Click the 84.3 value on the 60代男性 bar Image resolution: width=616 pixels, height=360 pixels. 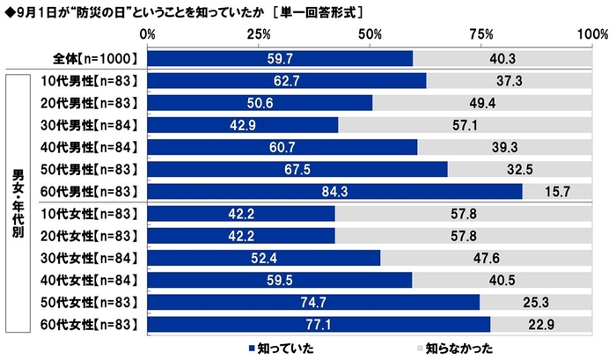click(x=335, y=191)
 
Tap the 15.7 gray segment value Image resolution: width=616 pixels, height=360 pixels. click(x=560, y=191)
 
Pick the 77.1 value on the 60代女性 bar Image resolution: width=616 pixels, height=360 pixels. click(x=319, y=324)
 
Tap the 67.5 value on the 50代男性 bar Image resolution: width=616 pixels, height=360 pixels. click(x=297, y=169)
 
